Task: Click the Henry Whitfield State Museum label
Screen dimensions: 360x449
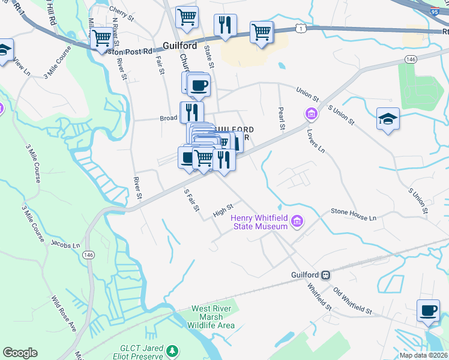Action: (x=259, y=221)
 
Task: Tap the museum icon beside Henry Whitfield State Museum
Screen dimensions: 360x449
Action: (x=296, y=223)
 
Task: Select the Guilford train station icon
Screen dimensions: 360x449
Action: (x=325, y=275)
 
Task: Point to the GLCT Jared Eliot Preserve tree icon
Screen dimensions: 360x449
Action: (x=173, y=350)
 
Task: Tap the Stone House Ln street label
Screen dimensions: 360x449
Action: (x=354, y=214)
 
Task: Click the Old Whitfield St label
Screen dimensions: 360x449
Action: (x=352, y=300)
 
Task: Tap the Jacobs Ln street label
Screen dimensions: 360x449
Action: (x=65, y=245)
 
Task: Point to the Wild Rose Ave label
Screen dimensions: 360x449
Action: (x=64, y=314)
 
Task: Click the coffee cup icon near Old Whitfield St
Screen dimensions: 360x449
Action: (x=428, y=310)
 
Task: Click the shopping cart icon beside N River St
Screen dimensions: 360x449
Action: (x=101, y=39)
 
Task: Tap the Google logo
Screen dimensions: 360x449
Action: (x=20, y=353)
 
